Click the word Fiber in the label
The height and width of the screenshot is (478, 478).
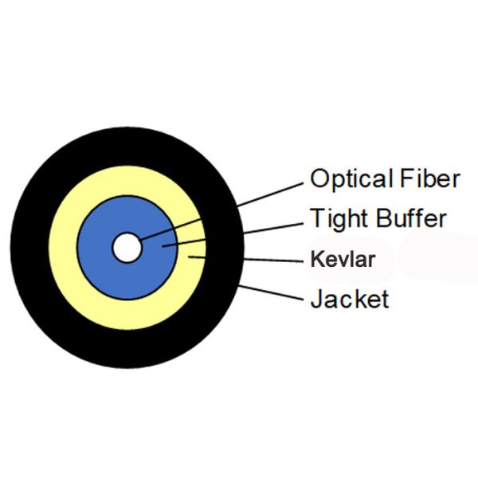click(x=429, y=178)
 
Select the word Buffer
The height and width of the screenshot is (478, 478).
click(x=412, y=217)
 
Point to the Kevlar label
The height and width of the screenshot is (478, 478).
click(x=342, y=259)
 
